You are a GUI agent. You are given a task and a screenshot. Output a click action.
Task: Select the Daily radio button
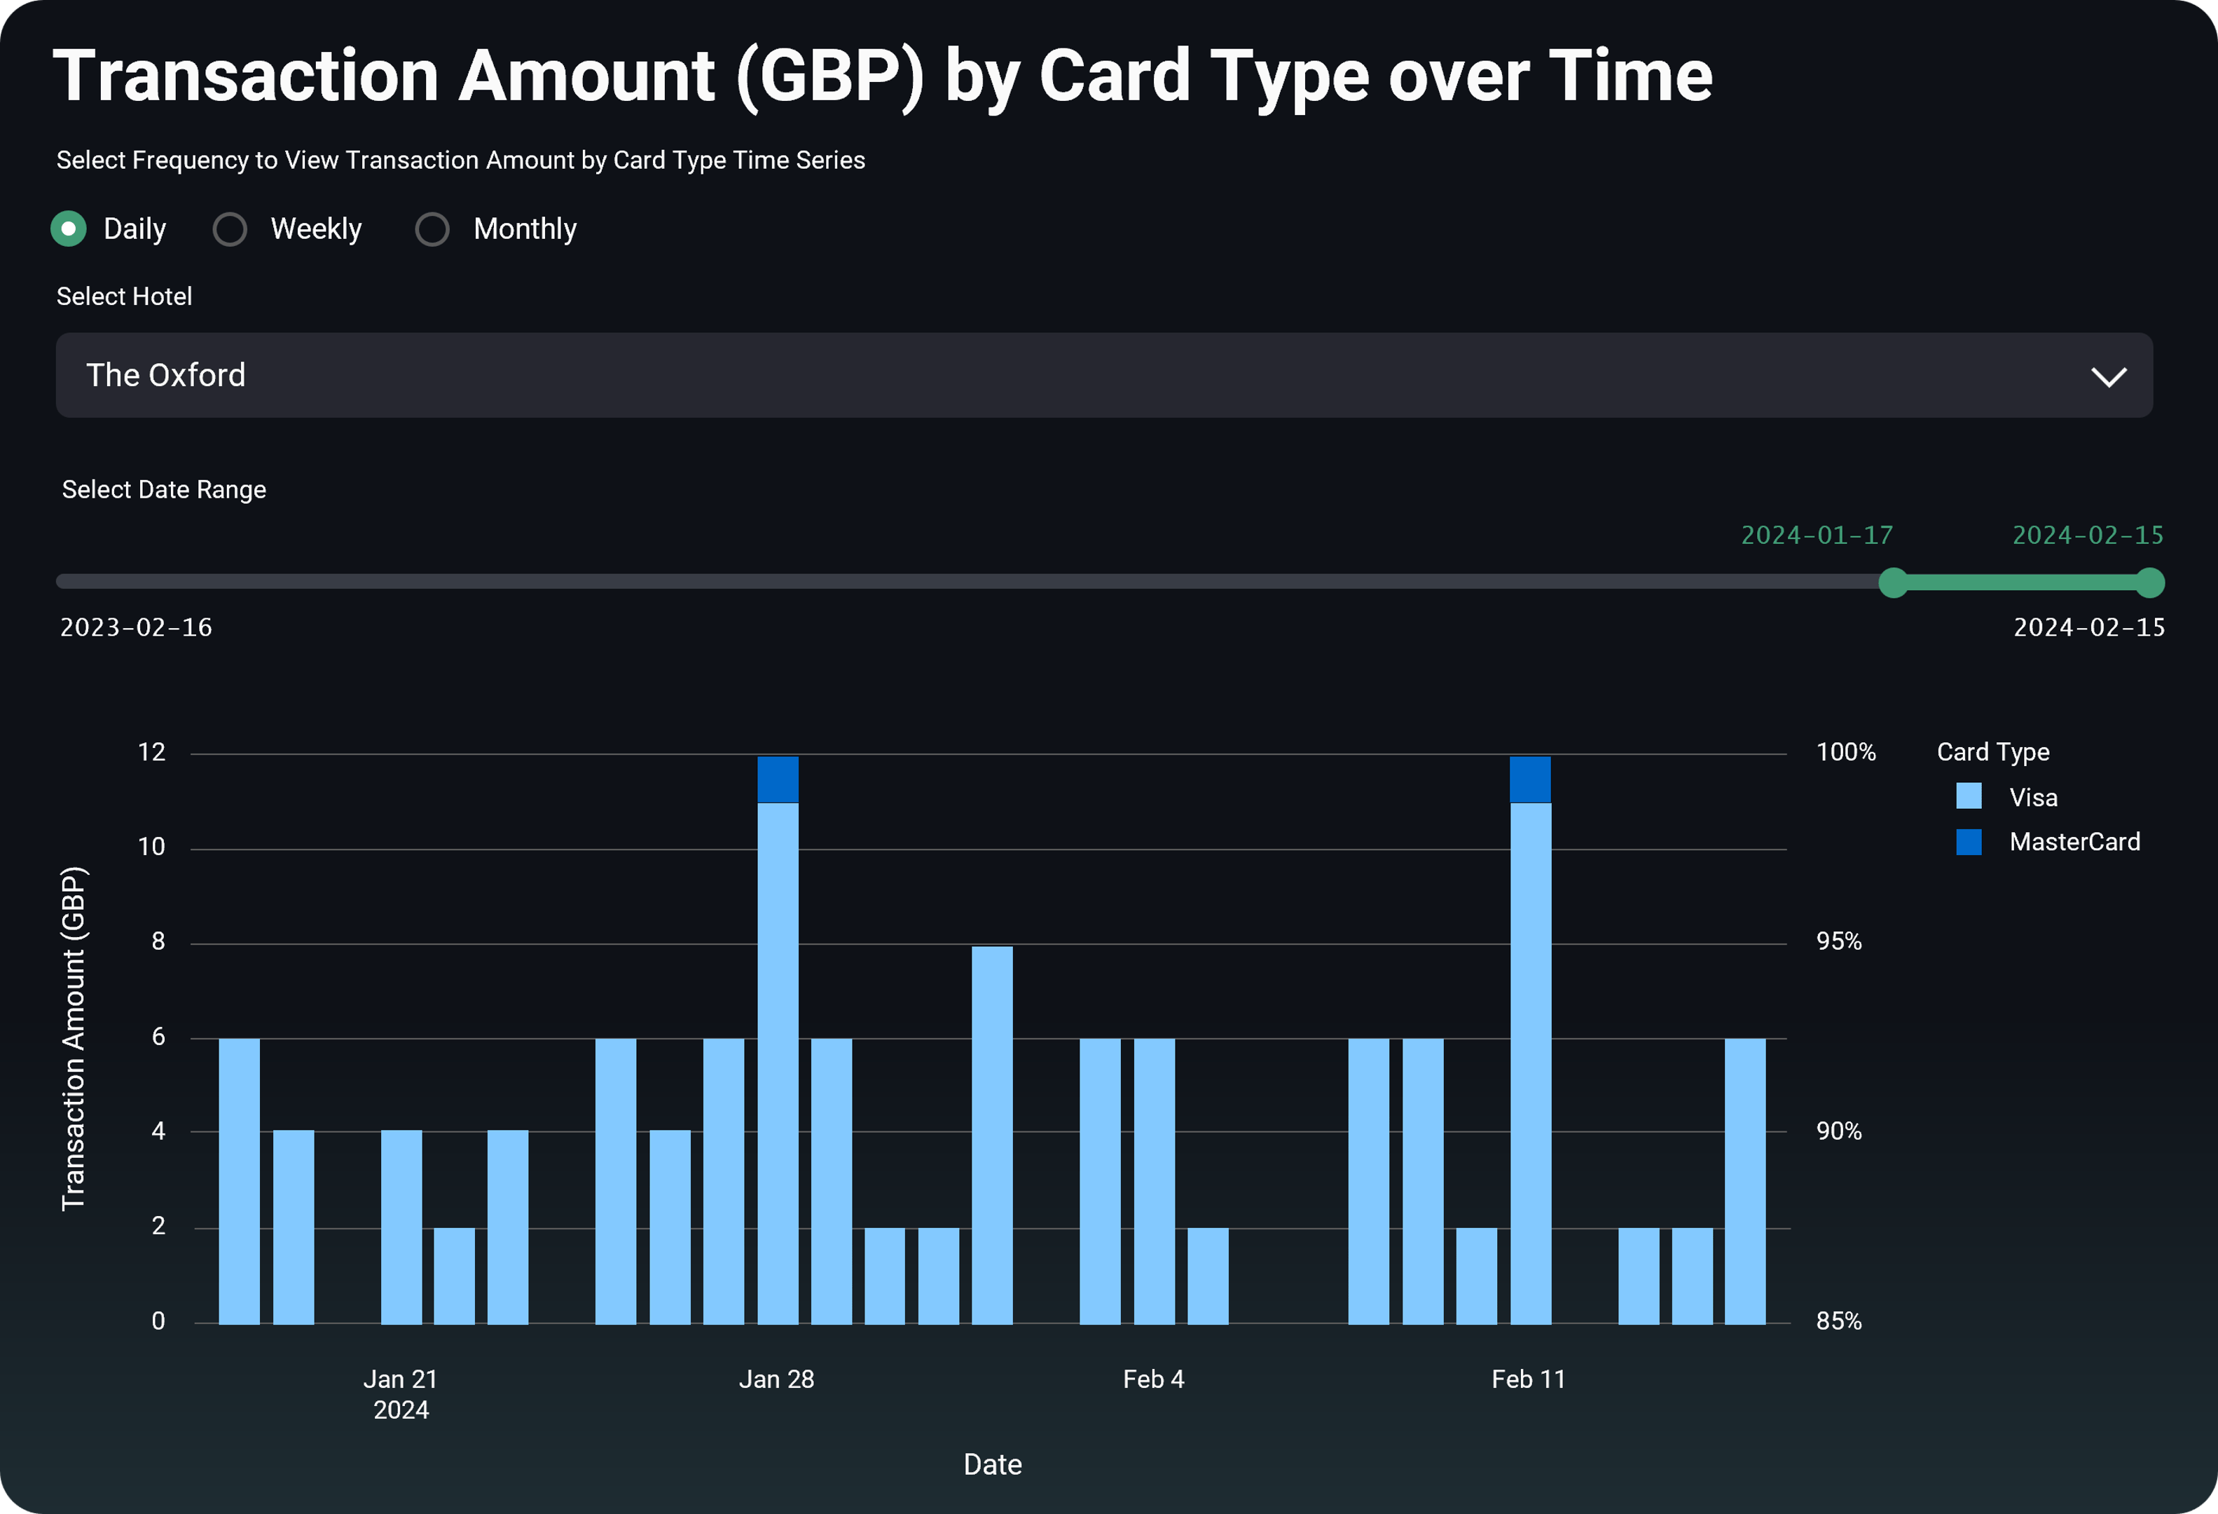click(69, 229)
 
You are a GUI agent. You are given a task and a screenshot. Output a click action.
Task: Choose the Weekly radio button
click(230, 229)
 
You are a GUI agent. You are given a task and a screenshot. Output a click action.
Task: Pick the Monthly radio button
click(432, 229)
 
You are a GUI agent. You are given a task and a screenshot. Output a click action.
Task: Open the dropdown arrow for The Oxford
click(2108, 376)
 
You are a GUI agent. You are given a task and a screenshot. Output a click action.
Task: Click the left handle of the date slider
click(1892, 582)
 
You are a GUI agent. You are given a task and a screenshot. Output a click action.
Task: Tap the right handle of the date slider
click(2149, 582)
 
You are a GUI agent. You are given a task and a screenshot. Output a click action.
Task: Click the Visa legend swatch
click(1968, 796)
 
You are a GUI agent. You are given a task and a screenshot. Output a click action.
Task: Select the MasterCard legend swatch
click(1968, 841)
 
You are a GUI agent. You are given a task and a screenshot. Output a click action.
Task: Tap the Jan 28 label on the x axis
click(776, 1379)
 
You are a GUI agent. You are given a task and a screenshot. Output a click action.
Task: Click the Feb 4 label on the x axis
click(1153, 1379)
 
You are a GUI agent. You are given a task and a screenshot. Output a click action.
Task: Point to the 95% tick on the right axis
click(1838, 941)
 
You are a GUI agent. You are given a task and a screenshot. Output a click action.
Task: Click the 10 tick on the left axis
click(152, 847)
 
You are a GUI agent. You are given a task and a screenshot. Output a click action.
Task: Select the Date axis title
click(993, 1464)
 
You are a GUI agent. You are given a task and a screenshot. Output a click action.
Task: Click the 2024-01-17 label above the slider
click(1816, 535)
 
